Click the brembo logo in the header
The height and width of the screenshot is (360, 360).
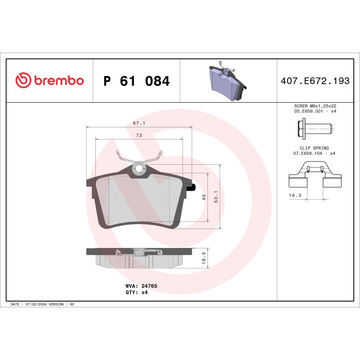[x=49, y=81]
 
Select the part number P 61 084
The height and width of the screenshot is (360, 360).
[x=136, y=81]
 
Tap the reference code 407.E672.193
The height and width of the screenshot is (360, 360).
[x=315, y=81]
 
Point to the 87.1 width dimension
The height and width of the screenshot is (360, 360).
[x=139, y=122]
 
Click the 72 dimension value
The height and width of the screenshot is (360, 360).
[x=139, y=135]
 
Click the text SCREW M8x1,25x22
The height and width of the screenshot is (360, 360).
[x=315, y=105]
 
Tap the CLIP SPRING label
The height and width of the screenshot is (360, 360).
[x=315, y=148]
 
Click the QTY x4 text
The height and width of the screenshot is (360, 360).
[x=136, y=292]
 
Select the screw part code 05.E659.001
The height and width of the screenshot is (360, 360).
[x=309, y=110]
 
